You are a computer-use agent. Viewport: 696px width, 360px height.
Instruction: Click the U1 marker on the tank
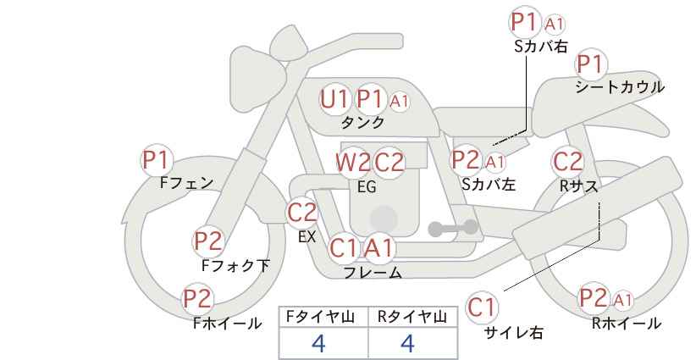pyautogui.click(x=334, y=99)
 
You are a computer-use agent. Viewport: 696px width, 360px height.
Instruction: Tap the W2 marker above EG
pyautogui.click(x=352, y=162)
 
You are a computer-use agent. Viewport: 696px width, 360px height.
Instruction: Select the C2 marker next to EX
pyautogui.click(x=301, y=212)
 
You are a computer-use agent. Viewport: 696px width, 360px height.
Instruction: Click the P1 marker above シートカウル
pyautogui.click(x=591, y=64)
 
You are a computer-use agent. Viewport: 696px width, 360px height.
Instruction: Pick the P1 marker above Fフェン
pyautogui.click(x=157, y=160)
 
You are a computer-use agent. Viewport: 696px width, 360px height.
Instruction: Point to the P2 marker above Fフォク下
pyautogui.click(x=208, y=241)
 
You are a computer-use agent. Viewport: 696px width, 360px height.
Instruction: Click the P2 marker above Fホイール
pyautogui.click(x=198, y=299)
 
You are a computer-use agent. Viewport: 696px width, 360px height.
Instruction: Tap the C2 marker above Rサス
pyautogui.click(x=566, y=162)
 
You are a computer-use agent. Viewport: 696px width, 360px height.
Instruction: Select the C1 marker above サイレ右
pyautogui.click(x=482, y=307)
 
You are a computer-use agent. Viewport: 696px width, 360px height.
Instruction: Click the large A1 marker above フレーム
pyautogui.click(x=378, y=247)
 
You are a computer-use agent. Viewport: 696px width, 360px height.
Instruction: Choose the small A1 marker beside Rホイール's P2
pyautogui.click(x=623, y=301)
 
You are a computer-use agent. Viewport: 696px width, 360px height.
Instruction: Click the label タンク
pyautogui.click(x=362, y=122)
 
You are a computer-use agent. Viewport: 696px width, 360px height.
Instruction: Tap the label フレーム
pyautogui.click(x=373, y=273)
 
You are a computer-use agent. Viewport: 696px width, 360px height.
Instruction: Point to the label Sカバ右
pyautogui.click(x=541, y=47)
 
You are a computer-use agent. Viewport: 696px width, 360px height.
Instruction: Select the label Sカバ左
pyautogui.click(x=489, y=184)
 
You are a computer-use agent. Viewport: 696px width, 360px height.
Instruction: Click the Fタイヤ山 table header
pyautogui.click(x=320, y=317)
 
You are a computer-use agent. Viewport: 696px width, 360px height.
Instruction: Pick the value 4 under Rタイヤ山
pyautogui.click(x=407, y=343)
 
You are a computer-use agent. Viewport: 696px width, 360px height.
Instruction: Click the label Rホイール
pyautogui.click(x=627, y=324)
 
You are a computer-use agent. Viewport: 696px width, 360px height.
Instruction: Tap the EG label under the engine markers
pyautogui.click(x=367, y=186)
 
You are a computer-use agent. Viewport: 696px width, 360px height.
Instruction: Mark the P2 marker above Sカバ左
pyautogui.click(x=466, y=160)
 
